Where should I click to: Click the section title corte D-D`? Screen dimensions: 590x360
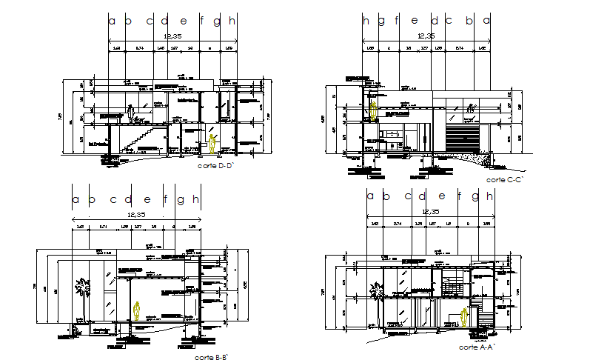click(x=216, y=167)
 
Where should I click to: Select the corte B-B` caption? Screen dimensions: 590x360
click(x=211, y=357)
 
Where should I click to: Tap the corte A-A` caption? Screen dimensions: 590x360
click(x=477, y=347)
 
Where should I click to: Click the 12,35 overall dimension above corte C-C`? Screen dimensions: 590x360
click(x=426, y=36)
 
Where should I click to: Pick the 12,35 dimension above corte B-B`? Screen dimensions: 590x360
click(x=133, y=214)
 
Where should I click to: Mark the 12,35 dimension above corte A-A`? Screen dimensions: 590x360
click(x=431, y=212)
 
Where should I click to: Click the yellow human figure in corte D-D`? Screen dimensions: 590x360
click(x=213, y=143)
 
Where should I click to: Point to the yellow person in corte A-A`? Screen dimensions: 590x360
click(x=465, y=317)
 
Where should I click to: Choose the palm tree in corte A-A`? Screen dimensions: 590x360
click(x=379, y=296)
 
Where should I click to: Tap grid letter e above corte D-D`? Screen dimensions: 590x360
click(x=183, y=21)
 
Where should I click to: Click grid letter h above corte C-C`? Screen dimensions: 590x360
click(x=366, y=21)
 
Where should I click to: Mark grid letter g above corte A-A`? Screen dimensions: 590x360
click(x=475, y=196)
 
